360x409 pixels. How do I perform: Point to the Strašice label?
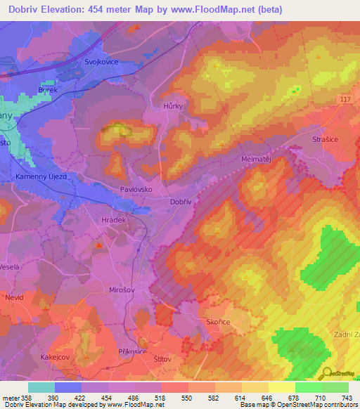coord(325,141)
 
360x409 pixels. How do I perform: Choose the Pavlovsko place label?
coord(136,190)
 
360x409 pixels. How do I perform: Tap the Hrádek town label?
coord(113,219)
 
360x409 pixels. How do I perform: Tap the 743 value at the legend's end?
coord(347,398)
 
